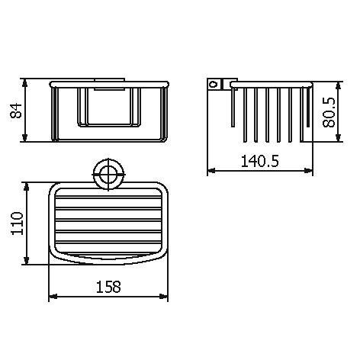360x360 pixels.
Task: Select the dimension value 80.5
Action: tap(329, 112)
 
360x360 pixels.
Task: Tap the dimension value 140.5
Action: tap(260, 161)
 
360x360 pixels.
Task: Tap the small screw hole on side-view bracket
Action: tap(216, 83)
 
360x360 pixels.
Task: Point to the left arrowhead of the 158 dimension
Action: tap(51, 297)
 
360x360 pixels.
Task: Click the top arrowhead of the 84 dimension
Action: tap(27, 79)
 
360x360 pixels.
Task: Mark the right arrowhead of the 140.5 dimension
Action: tap(311, 171)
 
